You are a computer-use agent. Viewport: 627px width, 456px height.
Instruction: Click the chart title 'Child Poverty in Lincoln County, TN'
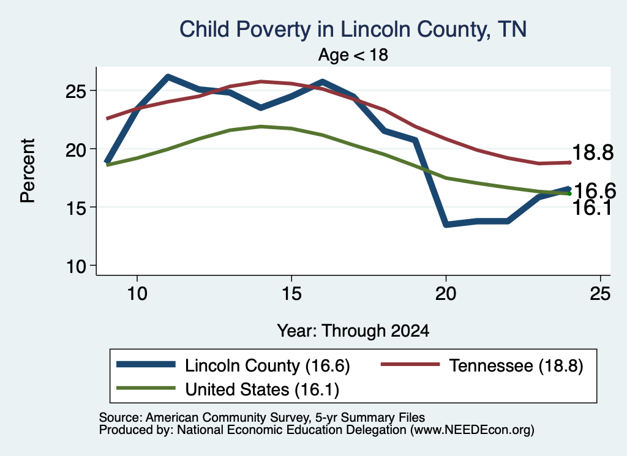tap(353, 30)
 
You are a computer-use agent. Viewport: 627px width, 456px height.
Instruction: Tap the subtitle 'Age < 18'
tap(353, 54)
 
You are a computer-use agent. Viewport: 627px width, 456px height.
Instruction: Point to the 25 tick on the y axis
tap(76, 92)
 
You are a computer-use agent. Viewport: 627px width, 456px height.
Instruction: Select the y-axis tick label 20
tap(76, 150)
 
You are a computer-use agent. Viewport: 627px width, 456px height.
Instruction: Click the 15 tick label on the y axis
tap(76, 208)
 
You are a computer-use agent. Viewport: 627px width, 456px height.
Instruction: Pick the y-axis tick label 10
tap(76, 267)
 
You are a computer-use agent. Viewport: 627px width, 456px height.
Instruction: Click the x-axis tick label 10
tap(137, 294)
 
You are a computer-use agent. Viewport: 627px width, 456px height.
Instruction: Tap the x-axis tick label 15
tap(291, 294)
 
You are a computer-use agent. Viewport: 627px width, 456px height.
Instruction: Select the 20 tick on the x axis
tap(446, 294)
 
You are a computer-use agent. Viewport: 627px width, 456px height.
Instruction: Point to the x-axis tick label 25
tap(600, 294)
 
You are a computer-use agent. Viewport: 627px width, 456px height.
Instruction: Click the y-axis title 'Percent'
tap(28, 171)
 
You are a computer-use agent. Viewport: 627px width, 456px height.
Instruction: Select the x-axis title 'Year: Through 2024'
tap(353, 331)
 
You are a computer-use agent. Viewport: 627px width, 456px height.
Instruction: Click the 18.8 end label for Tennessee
tap(593, 152)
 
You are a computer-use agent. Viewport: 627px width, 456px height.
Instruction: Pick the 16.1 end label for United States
tap(592, 207)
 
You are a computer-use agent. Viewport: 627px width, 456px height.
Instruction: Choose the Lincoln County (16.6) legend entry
tap(233, 365)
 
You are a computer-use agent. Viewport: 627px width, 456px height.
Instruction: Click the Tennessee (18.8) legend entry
tap(482, 365)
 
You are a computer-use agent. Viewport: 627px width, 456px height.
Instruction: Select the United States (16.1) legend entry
tap(228, 389)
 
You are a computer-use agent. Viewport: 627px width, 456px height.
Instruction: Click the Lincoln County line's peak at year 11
tap(168, 77)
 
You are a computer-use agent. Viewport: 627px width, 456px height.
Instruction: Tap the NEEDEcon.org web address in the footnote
tap(472, 430)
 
